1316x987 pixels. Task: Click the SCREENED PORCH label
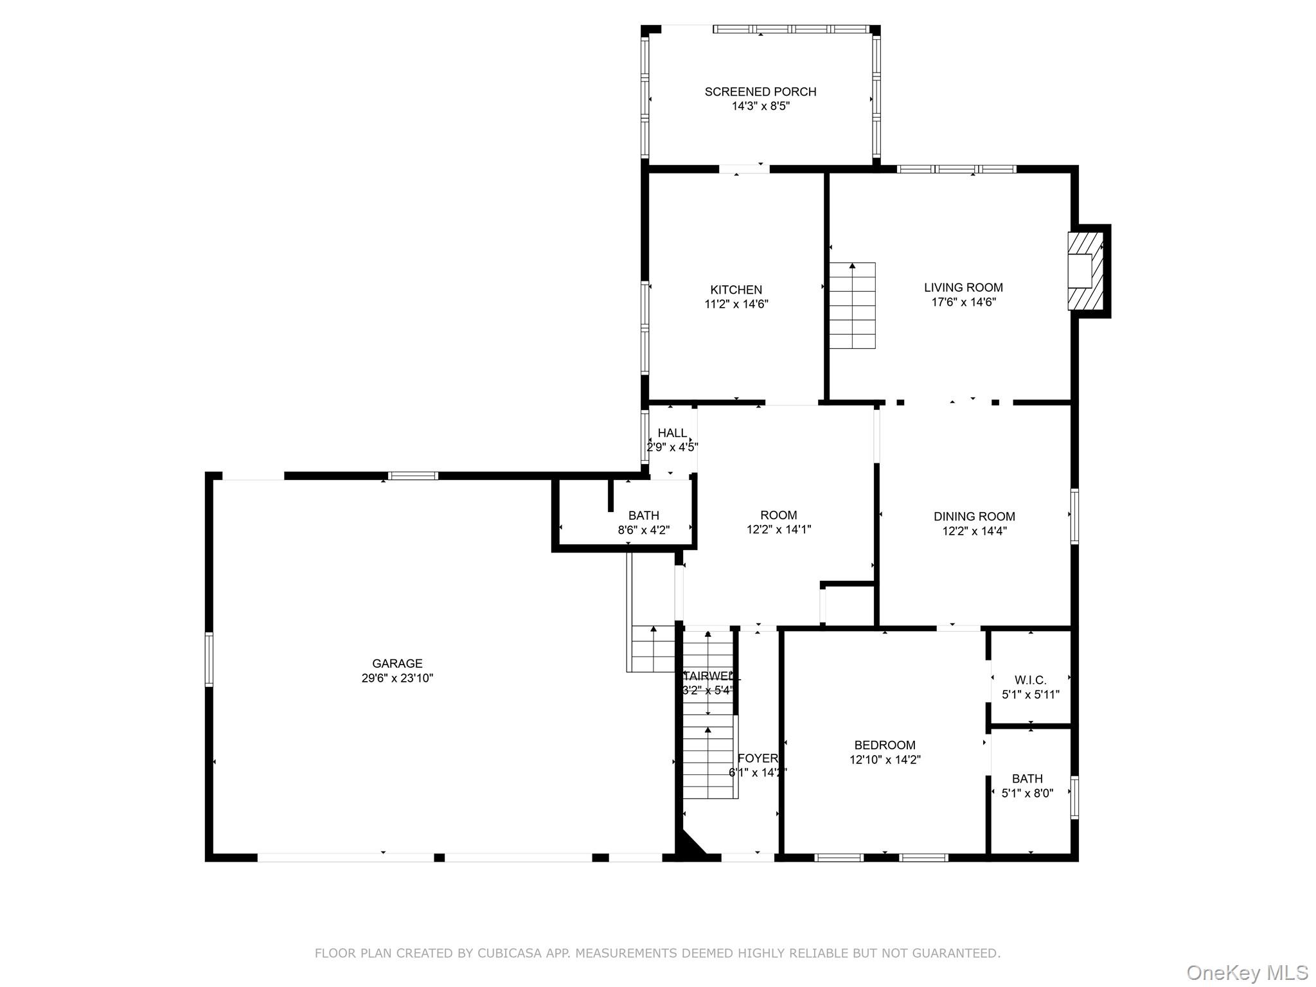(760, 92)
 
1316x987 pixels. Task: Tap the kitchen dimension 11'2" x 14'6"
(736, 304)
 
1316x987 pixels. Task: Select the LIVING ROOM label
(963, 288)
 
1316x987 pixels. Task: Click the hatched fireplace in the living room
(1086, 271)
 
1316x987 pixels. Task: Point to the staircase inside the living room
(852, 306)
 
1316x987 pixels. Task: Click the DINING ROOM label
(974, 517)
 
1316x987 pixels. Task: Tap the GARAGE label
(397, 664)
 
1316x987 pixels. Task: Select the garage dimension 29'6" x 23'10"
(397, 678)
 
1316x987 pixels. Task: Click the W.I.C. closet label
(1031, 680)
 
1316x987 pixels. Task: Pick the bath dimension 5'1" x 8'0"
(1027, 794)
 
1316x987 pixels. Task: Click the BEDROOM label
(885, 745)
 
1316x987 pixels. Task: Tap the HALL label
(672, 433)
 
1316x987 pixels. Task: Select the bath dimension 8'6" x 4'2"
(644, 530)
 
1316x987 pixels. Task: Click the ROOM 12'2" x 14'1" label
(779, 515)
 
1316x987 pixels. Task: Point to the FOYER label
(758, 758)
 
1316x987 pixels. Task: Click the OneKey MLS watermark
(1247, 972)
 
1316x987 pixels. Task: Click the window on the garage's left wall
(209, 659)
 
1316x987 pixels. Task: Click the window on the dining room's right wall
(1074, 517)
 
